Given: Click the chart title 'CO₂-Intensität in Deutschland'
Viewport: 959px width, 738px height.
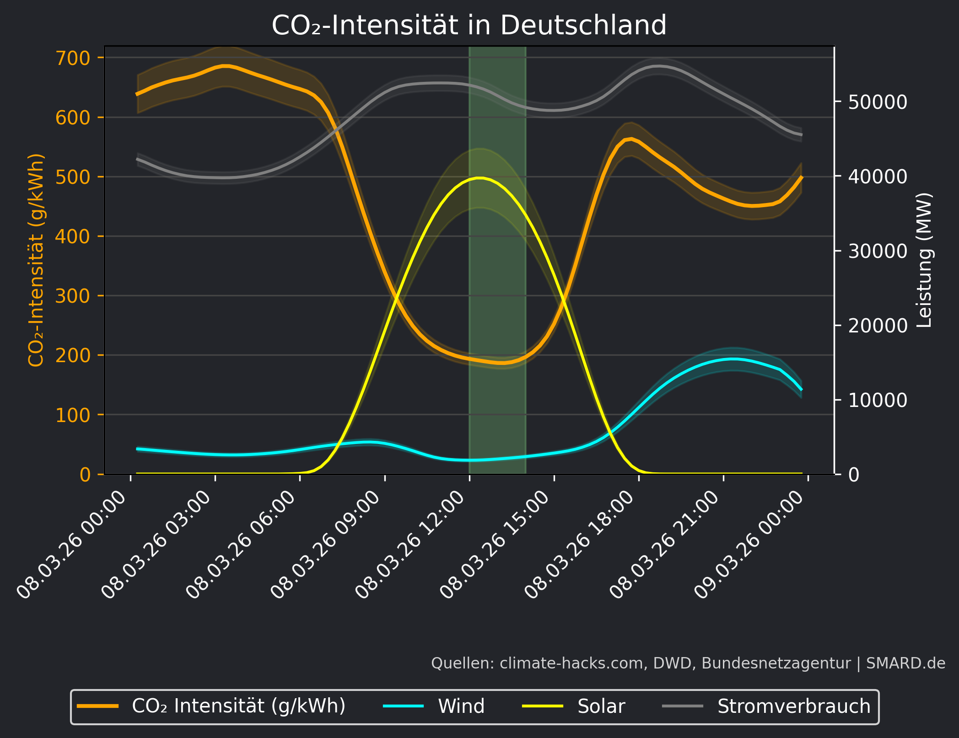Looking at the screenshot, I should pos(469,25).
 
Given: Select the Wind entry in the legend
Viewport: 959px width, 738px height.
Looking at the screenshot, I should pos(461,706).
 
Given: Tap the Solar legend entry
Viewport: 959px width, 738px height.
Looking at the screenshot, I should pos(601,706).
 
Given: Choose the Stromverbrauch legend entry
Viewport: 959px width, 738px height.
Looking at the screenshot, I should pos(793,706).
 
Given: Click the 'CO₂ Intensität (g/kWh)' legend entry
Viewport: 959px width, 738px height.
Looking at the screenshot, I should pos(238,706).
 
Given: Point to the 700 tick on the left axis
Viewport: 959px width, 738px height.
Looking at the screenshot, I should pos(73,58).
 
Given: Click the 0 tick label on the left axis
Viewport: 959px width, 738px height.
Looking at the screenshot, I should pos(85,475).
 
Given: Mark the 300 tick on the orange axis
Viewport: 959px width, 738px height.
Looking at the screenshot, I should pos(73,296).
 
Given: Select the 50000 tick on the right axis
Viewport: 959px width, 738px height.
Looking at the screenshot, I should pos(877,102).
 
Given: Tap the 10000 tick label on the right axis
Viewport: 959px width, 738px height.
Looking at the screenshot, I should pos(877,401).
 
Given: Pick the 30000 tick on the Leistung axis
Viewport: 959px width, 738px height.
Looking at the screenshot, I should pos(877,251).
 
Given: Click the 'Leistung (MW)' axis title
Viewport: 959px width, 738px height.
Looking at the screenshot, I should pos(924,260).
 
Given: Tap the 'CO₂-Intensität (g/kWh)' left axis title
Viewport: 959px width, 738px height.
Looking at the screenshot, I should pos(36,260).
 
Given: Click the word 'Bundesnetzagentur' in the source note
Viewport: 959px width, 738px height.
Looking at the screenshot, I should pos(776,663).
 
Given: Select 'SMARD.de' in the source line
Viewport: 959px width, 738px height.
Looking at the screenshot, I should pos(905,663).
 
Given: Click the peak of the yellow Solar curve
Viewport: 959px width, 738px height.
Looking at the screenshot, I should pos(479,177).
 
